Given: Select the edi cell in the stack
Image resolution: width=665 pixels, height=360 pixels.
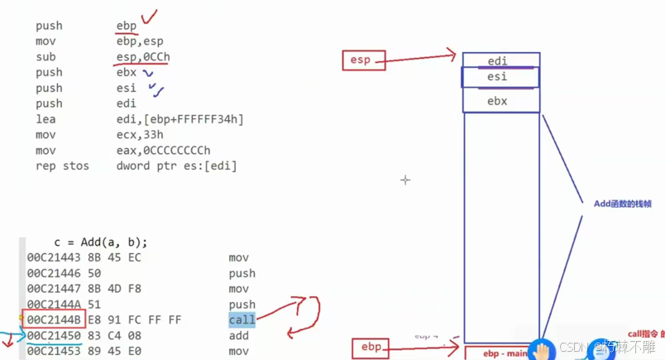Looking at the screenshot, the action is (498, 61).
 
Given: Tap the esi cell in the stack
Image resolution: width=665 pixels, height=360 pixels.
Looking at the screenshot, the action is (498, 77).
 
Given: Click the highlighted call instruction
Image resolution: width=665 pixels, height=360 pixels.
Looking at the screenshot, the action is (242, 320).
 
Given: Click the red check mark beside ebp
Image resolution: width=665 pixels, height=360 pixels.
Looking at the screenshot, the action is (150, 17).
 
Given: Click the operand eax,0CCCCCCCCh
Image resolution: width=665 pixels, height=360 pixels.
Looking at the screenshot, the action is (163, 151).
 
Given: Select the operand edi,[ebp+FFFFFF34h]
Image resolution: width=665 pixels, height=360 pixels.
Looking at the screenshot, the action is (180, 119).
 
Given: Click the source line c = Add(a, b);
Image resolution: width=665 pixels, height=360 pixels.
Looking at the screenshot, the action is (101, 242).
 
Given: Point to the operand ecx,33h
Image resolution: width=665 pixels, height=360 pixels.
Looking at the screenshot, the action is (138, 135).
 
